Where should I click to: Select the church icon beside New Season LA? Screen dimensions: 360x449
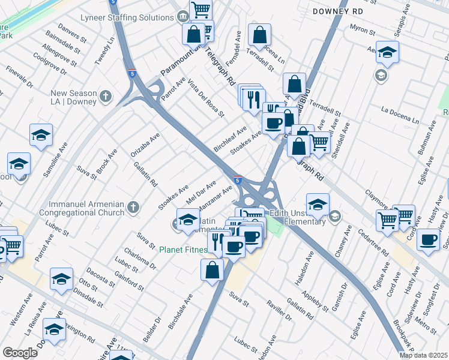106,97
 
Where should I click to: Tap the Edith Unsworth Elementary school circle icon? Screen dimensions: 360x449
335,215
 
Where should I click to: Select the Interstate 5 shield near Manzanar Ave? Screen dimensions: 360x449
238,179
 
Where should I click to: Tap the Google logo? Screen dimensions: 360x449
20,353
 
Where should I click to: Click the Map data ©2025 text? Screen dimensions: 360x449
423,355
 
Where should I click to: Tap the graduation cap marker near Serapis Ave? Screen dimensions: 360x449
388,53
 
